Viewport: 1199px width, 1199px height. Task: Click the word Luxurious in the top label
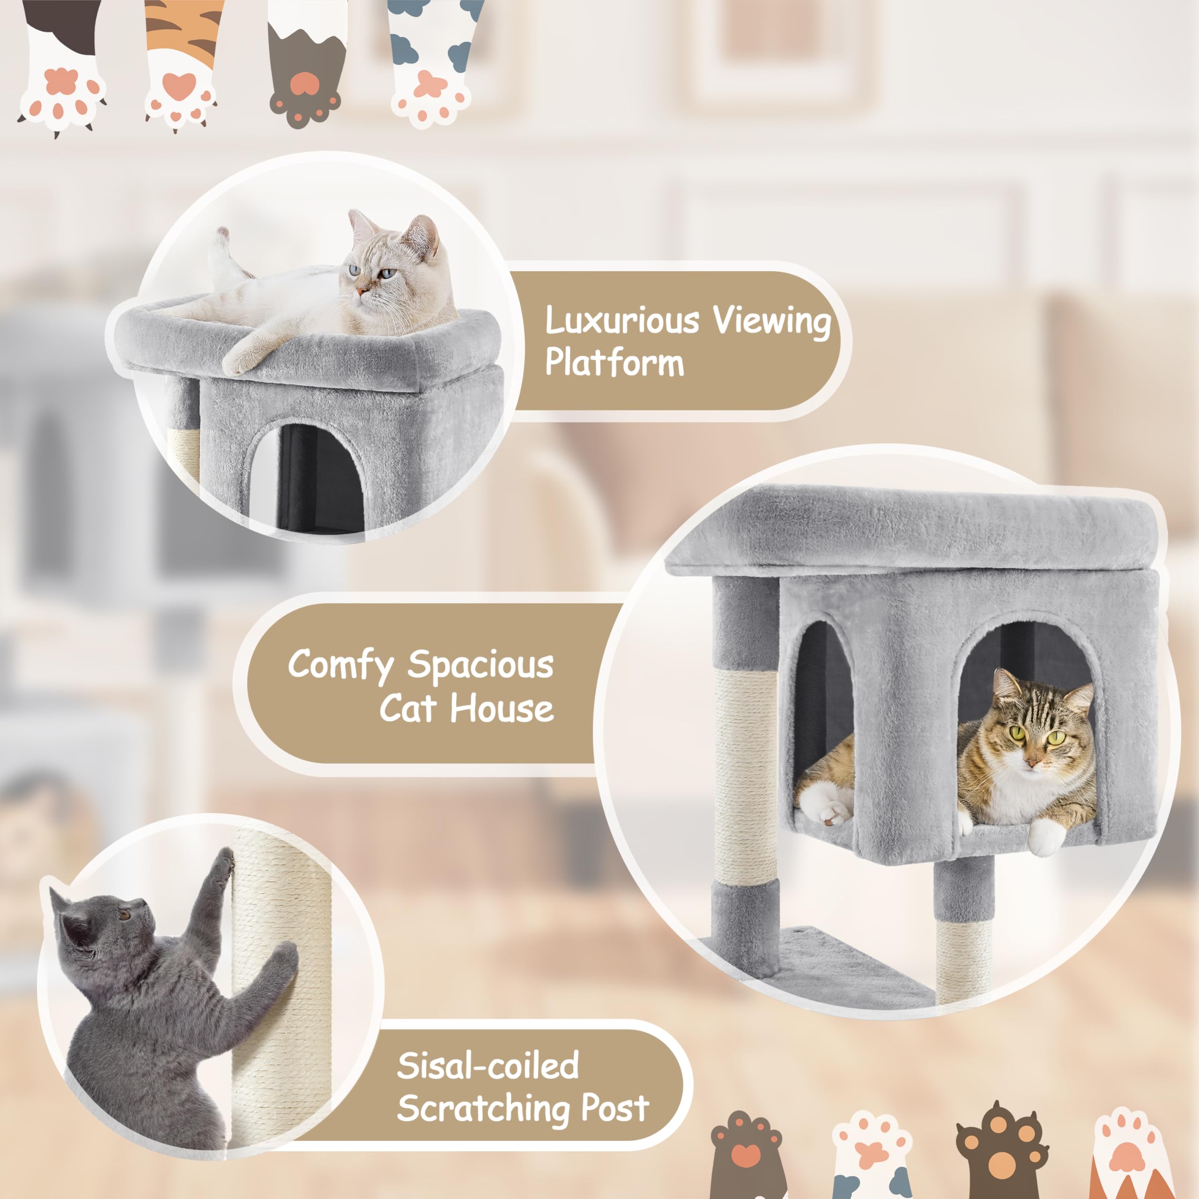[622, 321]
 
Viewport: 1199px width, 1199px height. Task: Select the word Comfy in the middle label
[340, 665]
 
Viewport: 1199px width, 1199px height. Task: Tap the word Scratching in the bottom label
[483, 1109]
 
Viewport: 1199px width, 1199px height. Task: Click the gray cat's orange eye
[124, 915]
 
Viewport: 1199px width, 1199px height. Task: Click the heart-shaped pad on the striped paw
[179, 85]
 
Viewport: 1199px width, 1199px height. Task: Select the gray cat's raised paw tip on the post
[225, 861]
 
